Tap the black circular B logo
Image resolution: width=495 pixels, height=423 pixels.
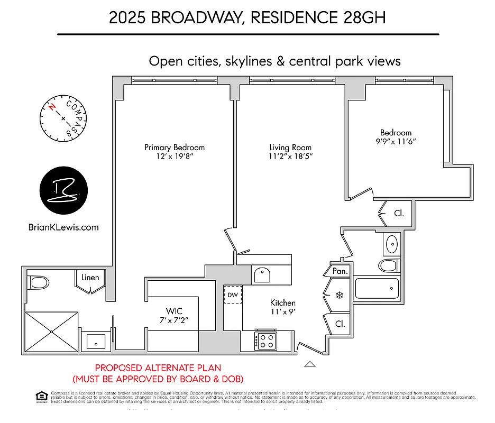(64, 189)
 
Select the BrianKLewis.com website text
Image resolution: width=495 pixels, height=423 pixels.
(63, 227)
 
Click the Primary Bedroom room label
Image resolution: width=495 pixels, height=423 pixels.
(174, 148)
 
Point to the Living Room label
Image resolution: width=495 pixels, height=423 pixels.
(290, 148)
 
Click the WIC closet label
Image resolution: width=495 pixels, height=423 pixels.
(173, 311)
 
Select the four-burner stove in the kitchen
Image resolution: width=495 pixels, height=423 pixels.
(264, 341)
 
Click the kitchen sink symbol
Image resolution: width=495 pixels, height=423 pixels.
(262, 274)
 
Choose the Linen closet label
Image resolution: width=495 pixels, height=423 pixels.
(90, 277)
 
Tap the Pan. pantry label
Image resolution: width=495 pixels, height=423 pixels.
(340, 271)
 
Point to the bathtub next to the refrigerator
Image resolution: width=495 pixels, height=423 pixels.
(377, 289)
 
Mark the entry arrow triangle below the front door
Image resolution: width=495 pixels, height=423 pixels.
(310, 364)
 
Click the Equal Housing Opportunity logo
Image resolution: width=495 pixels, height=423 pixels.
(40, 396)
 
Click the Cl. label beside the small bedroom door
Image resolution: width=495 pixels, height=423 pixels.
(399, 214)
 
